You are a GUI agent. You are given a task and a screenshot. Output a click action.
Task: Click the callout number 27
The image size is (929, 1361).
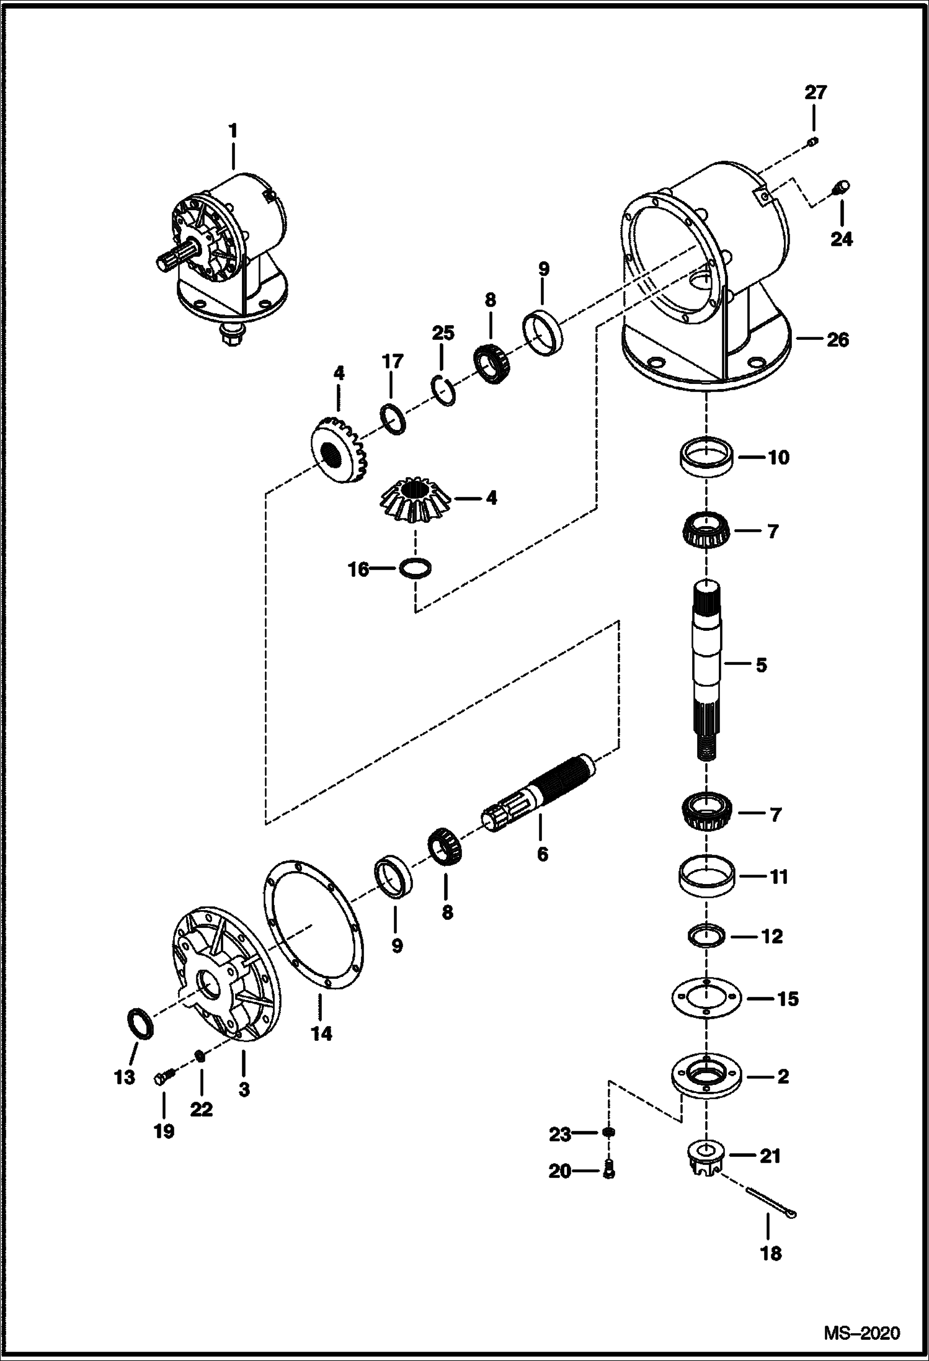816,93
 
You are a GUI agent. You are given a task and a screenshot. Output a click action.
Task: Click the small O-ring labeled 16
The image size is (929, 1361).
415,568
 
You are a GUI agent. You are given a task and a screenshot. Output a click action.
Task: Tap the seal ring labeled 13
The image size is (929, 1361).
140,1022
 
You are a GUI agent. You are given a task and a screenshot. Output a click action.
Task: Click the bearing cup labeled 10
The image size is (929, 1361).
706,458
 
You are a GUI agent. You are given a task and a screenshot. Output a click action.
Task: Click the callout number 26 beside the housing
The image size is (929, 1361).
837,341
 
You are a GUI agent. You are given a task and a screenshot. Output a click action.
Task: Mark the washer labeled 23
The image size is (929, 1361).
609,1133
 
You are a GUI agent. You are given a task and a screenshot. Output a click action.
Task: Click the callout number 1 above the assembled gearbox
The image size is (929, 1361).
233,132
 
